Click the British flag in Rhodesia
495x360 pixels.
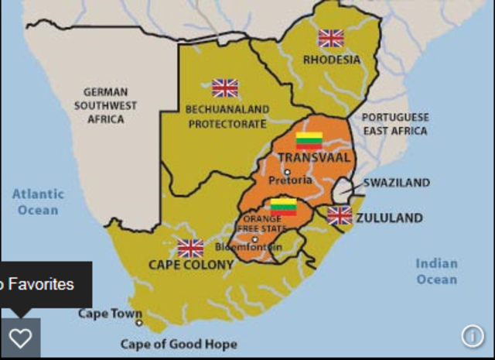(x=330, y=38)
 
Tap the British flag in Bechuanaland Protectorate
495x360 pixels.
(x=225, y=87)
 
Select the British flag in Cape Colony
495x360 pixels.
(x=190, y=248)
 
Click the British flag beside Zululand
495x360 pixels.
(x=340, y=215)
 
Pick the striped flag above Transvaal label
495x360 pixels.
(x=309, y=141)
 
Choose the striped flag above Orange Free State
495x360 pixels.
(x=283, y=207)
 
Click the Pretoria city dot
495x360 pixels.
(x=287, y=172)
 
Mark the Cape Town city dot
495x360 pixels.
(x=139, y=323)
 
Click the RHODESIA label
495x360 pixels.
(x=331, y=60)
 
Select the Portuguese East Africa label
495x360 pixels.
(x=395, y=124)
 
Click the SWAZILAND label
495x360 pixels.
(x=396, y=183)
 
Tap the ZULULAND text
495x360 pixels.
(x=389, y=218)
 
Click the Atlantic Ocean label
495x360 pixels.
(x=39, y=202)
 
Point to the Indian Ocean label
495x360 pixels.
(x=436, y=271)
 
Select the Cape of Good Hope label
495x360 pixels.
(x=179, y=344)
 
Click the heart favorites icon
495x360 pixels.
(x=20, y=338)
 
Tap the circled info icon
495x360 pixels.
(x=472, y=335)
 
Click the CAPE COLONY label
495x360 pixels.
(x=190, y=265)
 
